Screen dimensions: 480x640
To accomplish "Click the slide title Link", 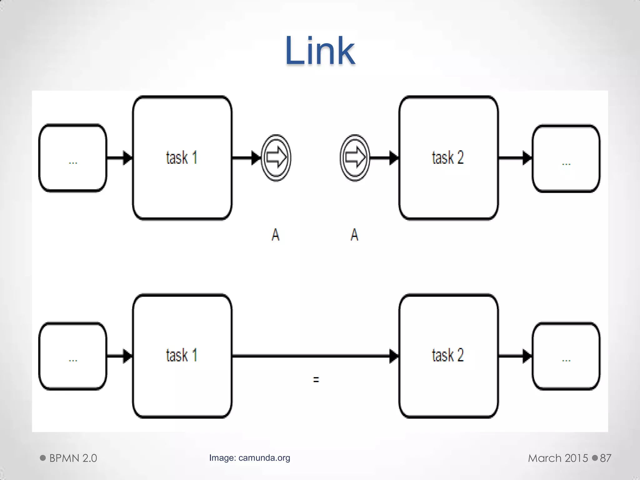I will [x=320, y=51].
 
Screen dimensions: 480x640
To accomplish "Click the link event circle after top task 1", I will [x=276, y=158].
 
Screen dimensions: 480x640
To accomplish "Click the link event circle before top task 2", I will [x=355, y=158].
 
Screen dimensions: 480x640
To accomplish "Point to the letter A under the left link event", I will [x=275, y=235].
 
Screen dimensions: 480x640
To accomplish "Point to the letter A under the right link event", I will [x=354, y=235].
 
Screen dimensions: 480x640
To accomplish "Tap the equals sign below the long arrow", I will [x=316, y=380].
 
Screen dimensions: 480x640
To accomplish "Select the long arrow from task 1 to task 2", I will [x=312, y=356].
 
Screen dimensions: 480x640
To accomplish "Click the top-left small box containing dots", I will [x=73, y=158].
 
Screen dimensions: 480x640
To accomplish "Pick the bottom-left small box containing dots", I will [x=73, y=356].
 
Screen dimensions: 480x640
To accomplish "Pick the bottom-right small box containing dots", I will [x=566, y=356].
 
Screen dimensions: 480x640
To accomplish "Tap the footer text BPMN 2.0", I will [x=73, y=458].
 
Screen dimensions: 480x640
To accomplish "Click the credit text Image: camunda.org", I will [x=250, y=458].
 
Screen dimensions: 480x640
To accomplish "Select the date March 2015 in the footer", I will [x=558, y=458].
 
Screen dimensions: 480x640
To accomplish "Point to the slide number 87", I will [x=605, y=458].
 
